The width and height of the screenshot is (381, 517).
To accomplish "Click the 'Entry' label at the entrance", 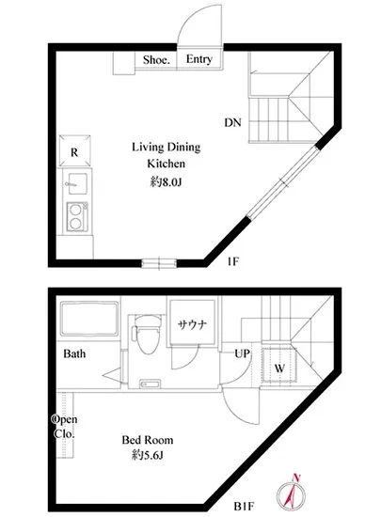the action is [198, 59].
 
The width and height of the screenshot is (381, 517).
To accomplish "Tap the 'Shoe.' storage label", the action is [156, 59].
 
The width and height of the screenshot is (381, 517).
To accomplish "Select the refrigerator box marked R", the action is [74, 150].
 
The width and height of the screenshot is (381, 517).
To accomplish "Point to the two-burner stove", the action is [77, 216].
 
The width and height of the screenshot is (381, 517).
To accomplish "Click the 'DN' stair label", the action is [233, 122].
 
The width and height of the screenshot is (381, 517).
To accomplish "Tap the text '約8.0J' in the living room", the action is [166, 181].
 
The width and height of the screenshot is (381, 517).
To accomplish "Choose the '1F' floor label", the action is [232, 261].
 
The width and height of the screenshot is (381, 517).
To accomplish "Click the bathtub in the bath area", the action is [89, 319].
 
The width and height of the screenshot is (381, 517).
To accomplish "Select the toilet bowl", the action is [147, 334].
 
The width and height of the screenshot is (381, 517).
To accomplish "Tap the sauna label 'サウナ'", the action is [192, 324].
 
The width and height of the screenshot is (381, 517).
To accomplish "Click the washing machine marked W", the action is [279, 366].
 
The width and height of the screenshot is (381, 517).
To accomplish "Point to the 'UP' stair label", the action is [243, 353].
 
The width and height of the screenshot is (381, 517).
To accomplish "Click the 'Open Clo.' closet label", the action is [65, 427].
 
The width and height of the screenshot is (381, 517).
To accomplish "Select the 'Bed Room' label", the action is [148, 440].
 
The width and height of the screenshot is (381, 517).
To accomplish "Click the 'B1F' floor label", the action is [245, 506].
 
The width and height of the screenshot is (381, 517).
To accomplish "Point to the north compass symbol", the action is [291, 492].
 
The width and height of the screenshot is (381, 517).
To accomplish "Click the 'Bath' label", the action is [74, 353].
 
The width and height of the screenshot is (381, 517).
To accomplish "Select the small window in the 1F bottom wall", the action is [159, 263].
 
